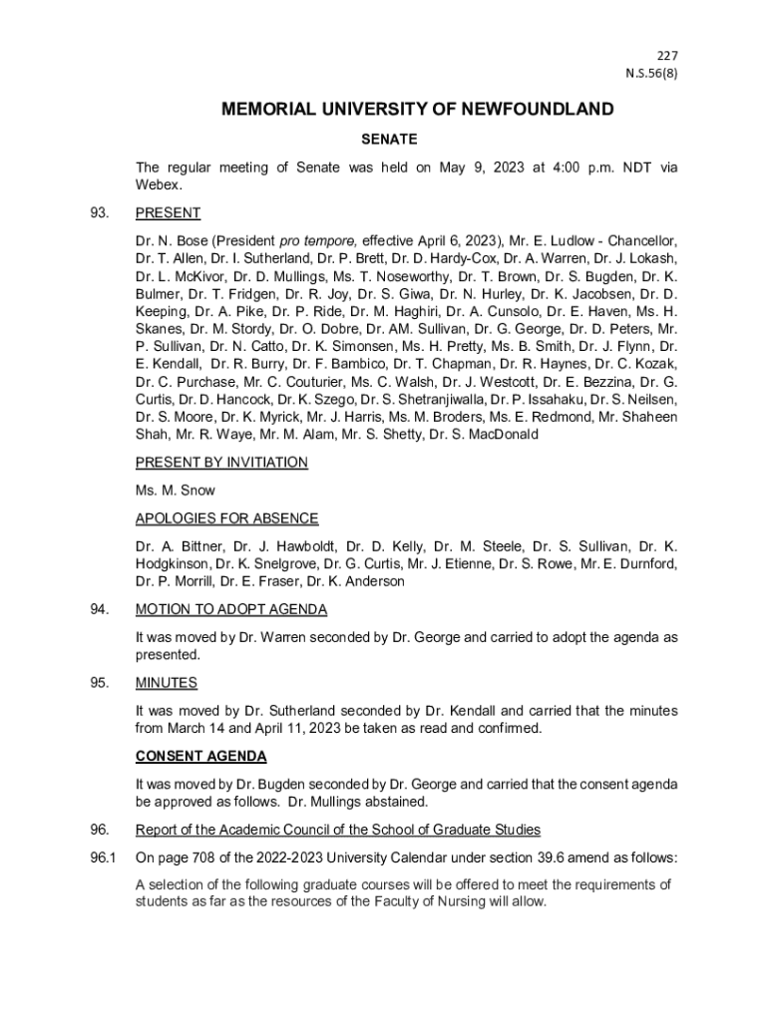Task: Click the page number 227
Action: (666, 54)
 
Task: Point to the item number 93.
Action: (99, 213)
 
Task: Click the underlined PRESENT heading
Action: (168, 213)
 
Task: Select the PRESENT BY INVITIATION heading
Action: (221, 463)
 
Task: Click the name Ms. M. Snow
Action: (175, 491)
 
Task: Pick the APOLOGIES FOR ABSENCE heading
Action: (226, 518)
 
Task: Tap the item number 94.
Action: (99, 609)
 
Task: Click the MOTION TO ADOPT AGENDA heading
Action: (231, 609)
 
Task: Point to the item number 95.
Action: (99, 683)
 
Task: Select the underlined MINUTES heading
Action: (167, 683)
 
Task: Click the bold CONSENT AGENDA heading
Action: (200, 757)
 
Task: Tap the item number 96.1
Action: (103, 858)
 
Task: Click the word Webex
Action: (158, 185)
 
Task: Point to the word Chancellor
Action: (641, 241)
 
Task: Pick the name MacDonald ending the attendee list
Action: (503, 435)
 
